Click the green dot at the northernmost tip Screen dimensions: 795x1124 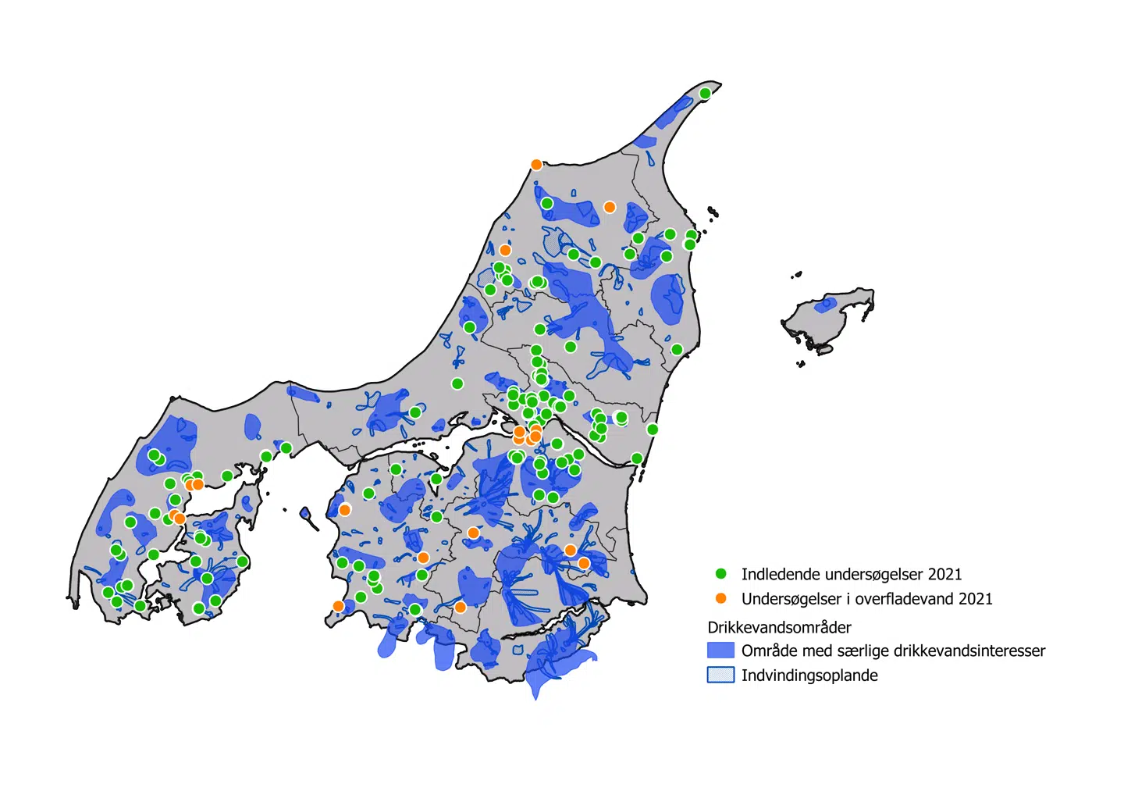(705, 94)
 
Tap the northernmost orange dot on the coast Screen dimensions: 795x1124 (536, 165)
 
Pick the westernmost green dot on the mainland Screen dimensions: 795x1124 (108, 593)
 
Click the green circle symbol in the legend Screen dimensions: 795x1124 (721, 574)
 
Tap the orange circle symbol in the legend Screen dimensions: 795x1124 (721, 598)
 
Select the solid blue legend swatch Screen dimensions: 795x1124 (720, 651)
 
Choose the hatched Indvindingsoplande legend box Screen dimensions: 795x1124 (720, 676)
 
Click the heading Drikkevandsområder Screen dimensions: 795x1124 (779, 627)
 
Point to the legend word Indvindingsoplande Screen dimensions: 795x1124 (809, 676)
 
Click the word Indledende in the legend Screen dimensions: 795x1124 (777, 574)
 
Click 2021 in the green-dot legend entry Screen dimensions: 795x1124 (944, 574)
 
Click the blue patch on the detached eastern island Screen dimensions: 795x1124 (825, 305)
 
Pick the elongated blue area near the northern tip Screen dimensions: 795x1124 (673, 113)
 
